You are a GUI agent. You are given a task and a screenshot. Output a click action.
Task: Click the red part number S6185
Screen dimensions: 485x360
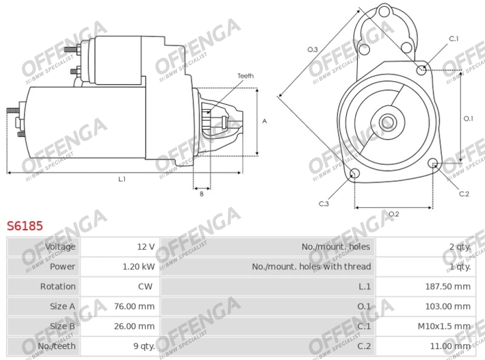coord(25,226)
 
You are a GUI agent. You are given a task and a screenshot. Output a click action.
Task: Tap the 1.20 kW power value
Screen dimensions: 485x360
coord(139,267)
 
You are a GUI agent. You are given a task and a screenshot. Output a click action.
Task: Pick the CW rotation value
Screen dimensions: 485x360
coord(145,287)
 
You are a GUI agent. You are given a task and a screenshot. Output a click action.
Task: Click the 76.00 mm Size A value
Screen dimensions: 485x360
coord(134,306)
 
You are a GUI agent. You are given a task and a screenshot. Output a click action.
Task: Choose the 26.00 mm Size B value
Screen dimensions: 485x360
coord(134,326)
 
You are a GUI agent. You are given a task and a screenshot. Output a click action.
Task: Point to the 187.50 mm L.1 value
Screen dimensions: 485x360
coord(448,287)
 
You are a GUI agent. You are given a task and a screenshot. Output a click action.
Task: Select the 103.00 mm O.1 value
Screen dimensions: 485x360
coord(448,306)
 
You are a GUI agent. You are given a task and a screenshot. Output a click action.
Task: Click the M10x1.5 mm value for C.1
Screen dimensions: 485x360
coord(444,326)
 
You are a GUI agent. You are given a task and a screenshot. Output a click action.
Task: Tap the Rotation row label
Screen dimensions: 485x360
coord(58,287)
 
